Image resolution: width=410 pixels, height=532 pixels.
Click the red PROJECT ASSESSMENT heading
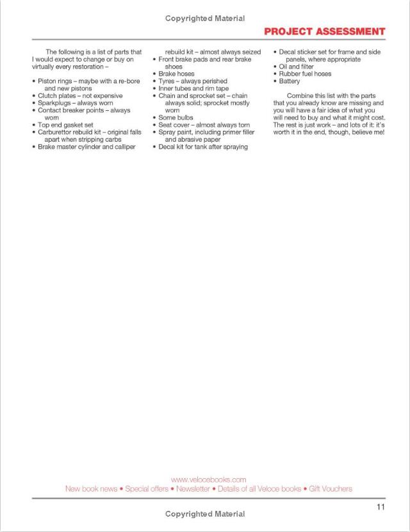(324, 31)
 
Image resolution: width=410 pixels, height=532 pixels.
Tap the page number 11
(381, 508)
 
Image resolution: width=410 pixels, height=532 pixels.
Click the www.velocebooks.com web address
(209, 479)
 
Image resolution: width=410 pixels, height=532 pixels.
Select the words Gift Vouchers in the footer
(331, 488)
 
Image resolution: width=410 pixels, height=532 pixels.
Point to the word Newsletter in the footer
(193, 488)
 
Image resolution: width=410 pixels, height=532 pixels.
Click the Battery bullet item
(290, 81)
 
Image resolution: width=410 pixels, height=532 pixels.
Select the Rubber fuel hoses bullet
(305, 74)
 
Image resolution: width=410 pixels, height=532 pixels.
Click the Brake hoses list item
(176, 74)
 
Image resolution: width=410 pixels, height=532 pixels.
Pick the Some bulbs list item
(176, 118)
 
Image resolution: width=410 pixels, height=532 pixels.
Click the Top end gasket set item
(65, 125)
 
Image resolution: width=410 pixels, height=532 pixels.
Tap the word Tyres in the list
(168, 81)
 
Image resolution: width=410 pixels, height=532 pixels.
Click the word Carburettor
(58, 132)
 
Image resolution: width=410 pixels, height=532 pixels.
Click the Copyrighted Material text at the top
(205, 19)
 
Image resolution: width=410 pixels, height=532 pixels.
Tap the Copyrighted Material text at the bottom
(205, 514)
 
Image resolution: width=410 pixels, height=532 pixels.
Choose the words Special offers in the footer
(147, 488)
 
